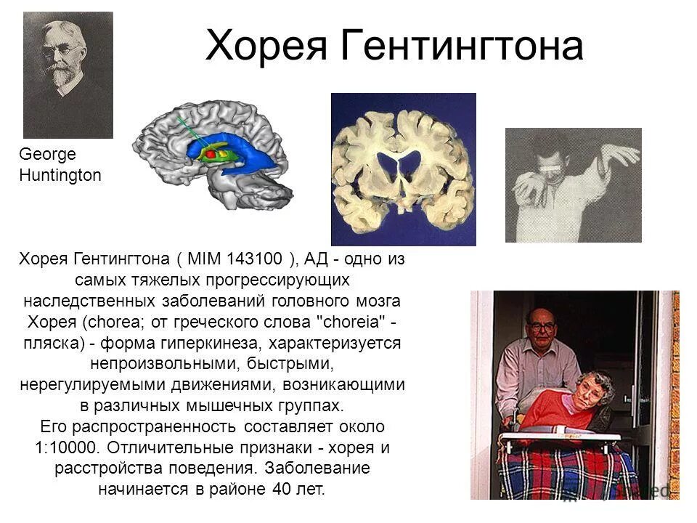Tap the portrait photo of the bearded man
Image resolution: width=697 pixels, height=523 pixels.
tap(68, 75)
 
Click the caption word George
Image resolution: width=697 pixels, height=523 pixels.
tap(47, 155)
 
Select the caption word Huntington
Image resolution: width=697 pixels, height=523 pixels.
tap(60, 175)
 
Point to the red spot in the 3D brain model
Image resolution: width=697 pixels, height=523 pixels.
tap(211, 154)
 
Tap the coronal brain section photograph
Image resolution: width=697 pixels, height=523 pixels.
tap(403, 169)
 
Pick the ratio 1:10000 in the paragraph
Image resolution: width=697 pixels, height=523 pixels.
tap(66, 447)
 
